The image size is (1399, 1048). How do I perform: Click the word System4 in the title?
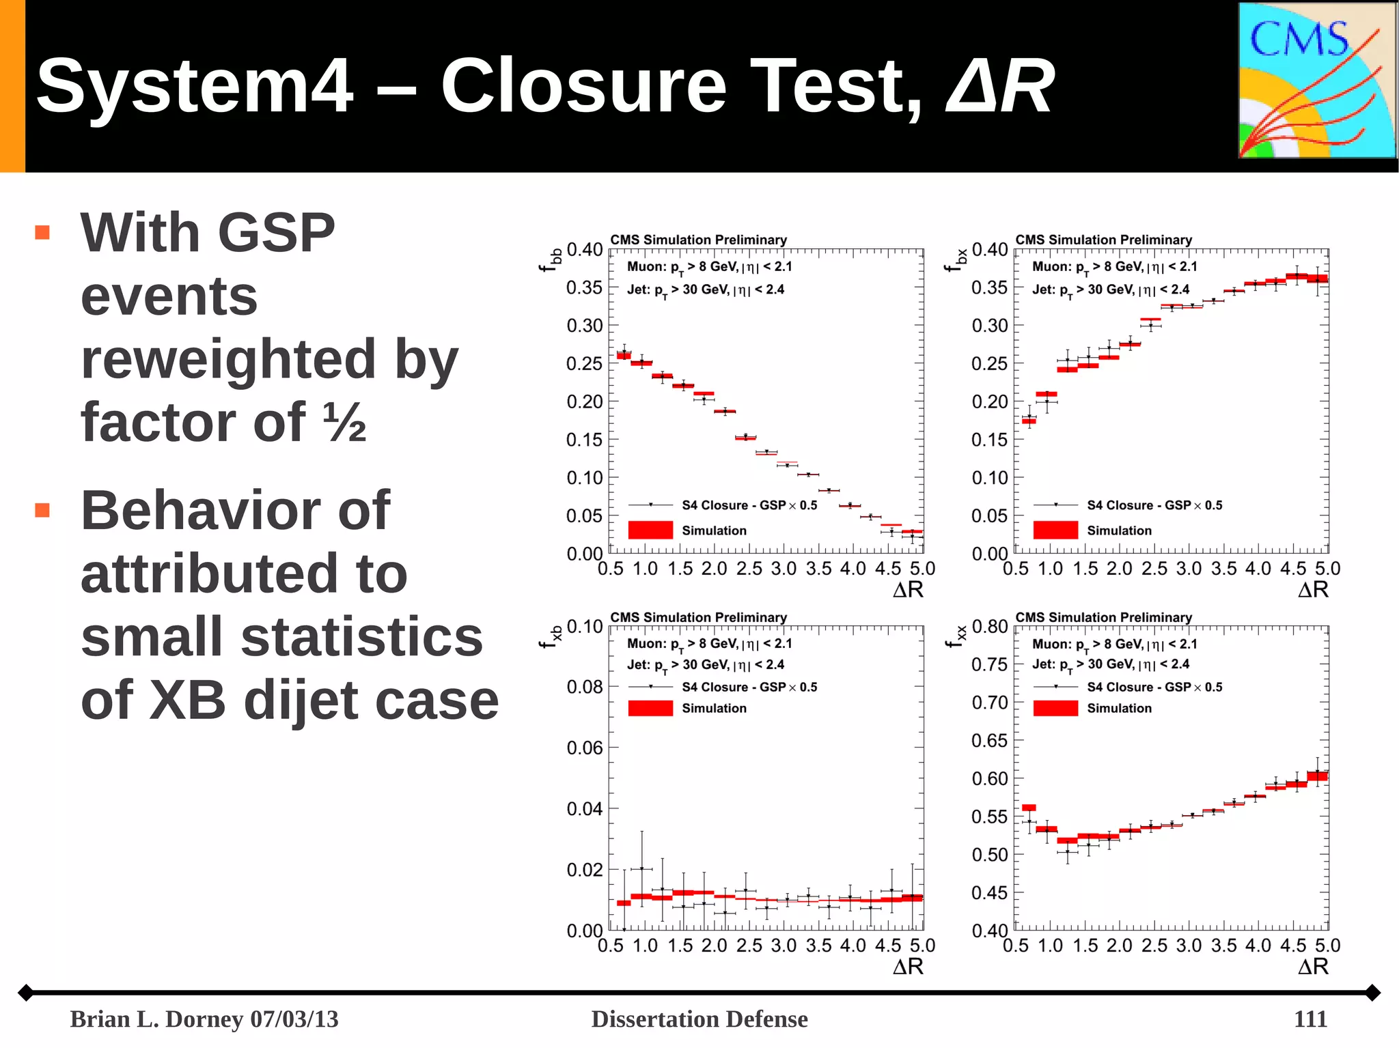click(x=195, y=86)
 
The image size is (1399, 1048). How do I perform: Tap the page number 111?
click(x=1310, y=1019)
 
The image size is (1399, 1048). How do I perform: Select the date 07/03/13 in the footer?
click(x=294, y=1019)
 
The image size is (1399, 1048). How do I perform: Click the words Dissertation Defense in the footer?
click(x=699, y=1019)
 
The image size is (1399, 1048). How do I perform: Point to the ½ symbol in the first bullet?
click(x=344, y=422)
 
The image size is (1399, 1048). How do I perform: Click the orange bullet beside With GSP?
click(x=42, y=233)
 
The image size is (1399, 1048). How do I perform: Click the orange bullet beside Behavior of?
click(x=42, y=510)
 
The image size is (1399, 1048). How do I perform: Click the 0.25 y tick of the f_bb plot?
click(x=584, y=364)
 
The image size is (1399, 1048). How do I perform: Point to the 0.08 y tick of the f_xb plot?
click(x=584, y=687)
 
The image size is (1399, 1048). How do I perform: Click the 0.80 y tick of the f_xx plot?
click(x=989, y=627)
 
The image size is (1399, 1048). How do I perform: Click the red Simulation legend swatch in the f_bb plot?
click(x=650, y=530)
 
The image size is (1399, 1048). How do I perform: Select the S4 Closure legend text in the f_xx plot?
click(x=1154, y=687)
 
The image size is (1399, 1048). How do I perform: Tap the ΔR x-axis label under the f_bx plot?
click(x=1312, y=590)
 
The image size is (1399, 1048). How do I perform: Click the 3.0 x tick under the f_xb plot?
click(x=784, y=946)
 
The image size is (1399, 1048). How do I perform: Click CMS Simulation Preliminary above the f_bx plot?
click(x=1103, y=240)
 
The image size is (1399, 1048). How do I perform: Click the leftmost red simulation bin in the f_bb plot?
click(x=624, y=355)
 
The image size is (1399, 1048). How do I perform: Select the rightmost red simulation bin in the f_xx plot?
click(x=1317, y=776)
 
